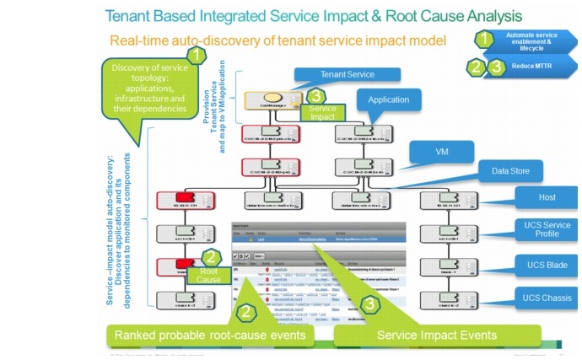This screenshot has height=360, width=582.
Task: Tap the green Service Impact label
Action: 321,114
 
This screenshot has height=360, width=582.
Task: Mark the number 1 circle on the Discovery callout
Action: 195,55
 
